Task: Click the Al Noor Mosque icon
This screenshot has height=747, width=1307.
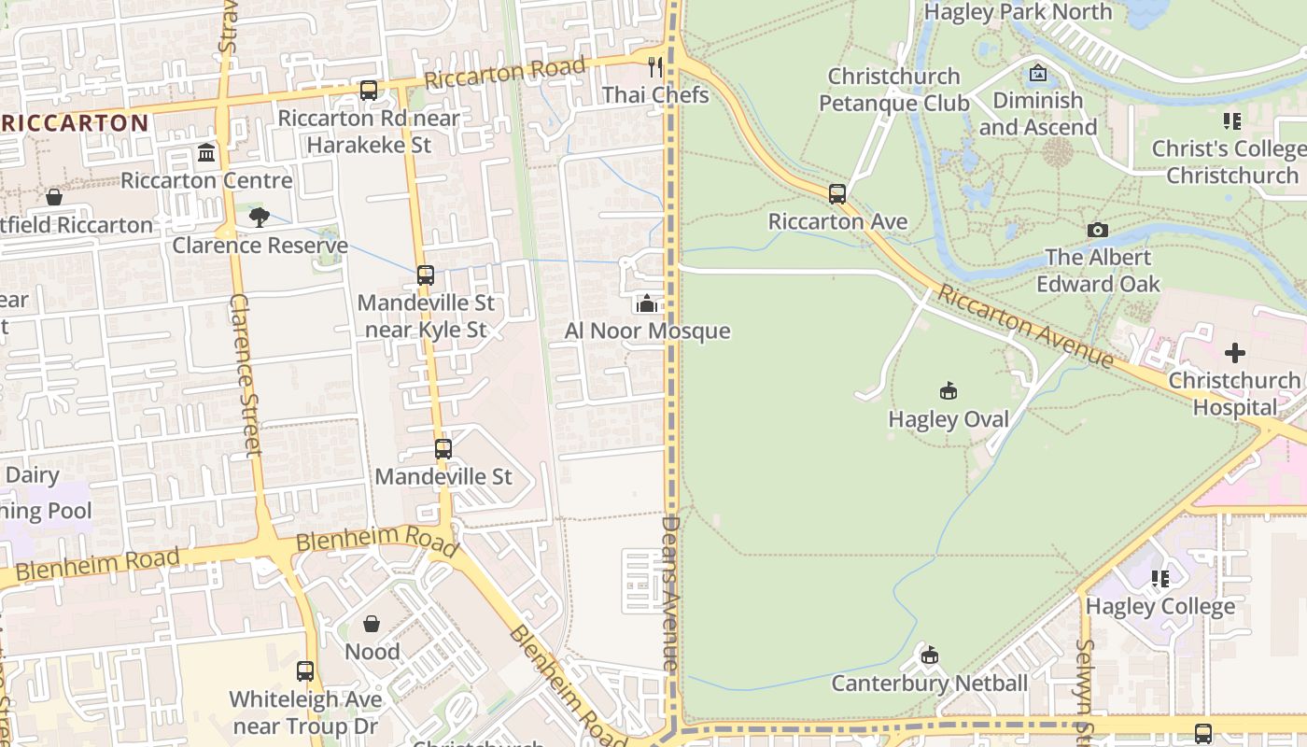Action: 646,303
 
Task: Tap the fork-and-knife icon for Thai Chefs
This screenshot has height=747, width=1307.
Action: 655,66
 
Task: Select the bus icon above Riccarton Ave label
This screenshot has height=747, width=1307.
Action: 837,194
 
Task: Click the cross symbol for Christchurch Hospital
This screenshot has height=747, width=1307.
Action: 1235,353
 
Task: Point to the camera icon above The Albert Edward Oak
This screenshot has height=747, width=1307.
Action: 1098,230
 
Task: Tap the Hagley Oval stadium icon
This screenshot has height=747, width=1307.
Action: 949,391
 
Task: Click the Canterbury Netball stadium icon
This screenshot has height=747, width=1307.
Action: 930,655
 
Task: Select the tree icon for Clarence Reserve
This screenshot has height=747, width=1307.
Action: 259,218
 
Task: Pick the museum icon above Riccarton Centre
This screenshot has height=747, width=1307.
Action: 206,152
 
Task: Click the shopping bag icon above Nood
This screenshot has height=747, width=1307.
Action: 372,624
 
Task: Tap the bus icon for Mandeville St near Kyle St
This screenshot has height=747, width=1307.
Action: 426,275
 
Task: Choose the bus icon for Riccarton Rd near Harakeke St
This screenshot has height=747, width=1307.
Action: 369,91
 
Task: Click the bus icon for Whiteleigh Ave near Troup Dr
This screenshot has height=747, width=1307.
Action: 305,671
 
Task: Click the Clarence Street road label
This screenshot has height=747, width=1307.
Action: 245,374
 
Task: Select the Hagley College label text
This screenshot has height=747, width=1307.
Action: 1159,607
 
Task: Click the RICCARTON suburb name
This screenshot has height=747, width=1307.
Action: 75,123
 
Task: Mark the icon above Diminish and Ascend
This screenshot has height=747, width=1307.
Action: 1038,73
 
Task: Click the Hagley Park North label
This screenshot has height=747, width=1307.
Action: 1018,12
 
